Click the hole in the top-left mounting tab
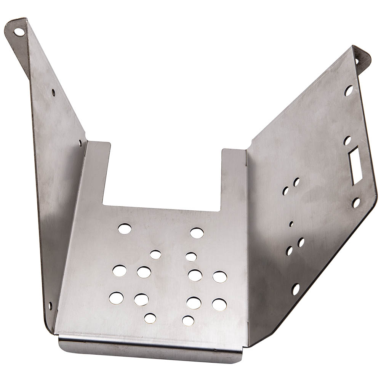coord(19,32)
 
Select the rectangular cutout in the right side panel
coord(356,166)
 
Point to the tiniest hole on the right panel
coord(291,224)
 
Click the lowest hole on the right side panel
coord(295,289)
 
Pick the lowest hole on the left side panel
coord(50,306)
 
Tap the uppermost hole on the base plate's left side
coord(124,229)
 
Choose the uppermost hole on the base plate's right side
coord(197,233)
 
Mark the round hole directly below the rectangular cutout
coord(356,203)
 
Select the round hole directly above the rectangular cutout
coord(347,141)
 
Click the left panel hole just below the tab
coord(53,92)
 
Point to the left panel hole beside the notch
coord(80,143)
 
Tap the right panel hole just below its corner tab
coord(348,90)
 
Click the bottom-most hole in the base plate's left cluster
coord(150,318)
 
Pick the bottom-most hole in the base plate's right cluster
coord(188,321)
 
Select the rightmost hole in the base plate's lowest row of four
coord(219,304)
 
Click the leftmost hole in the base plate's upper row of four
coord(119,271)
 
